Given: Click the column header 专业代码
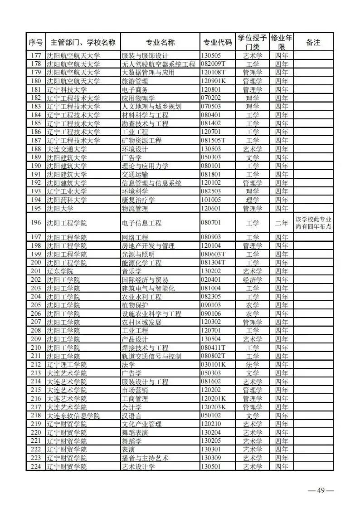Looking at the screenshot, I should (x=216, y=42).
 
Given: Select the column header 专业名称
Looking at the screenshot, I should (x=160, y=42).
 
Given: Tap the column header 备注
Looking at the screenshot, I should (x=313, y=42).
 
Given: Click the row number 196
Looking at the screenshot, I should (x=36, y=223).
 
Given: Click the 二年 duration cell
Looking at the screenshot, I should (x=282, y=223).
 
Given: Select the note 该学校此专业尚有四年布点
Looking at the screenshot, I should (x=313, y=223).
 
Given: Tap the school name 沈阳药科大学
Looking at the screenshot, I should (x=67, y=200).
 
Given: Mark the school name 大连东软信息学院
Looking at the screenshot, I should (x=73, y=416).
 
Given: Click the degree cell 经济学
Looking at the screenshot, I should (x=253, y=279).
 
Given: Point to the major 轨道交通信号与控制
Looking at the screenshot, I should (x=151, y=356).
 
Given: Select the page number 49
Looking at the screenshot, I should (x=321, y=490).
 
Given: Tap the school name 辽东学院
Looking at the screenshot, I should (x=60, y=271).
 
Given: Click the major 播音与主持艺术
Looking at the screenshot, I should (x=145, y=458).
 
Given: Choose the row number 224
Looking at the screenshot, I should (x=36, y=466).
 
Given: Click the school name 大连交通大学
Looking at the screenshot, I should (x=67, y=149).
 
